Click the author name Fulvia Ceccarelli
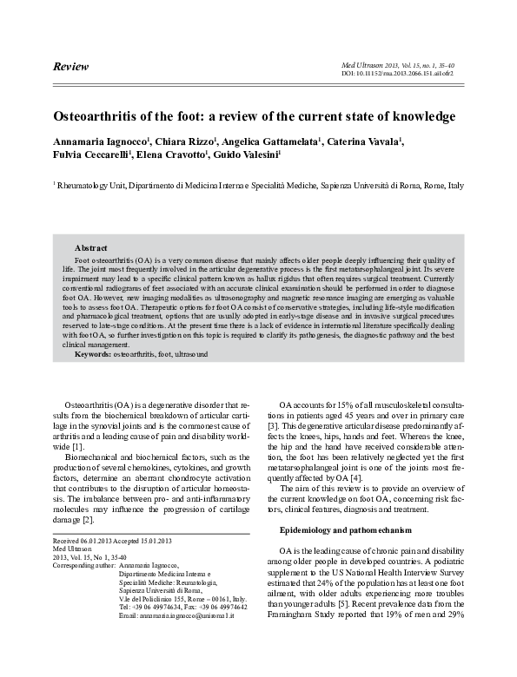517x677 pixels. [x=93, y=156]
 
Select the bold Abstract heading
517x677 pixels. [x=90, y=248]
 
